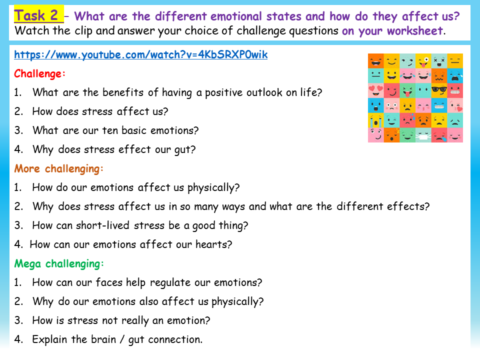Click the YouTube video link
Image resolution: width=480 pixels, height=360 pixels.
140,55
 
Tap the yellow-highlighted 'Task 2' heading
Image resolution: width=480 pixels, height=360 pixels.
38,15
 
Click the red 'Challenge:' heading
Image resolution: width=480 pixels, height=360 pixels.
40,74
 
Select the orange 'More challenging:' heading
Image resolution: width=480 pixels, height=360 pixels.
59,168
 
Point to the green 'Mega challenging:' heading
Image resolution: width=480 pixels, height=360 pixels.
59,263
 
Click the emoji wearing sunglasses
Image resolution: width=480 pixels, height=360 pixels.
439,91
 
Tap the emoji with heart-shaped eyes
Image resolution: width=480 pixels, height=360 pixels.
376,91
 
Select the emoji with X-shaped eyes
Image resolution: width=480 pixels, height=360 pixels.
439,61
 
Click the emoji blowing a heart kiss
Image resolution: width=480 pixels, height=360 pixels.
454,105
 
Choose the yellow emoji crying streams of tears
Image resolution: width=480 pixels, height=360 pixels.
376,120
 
